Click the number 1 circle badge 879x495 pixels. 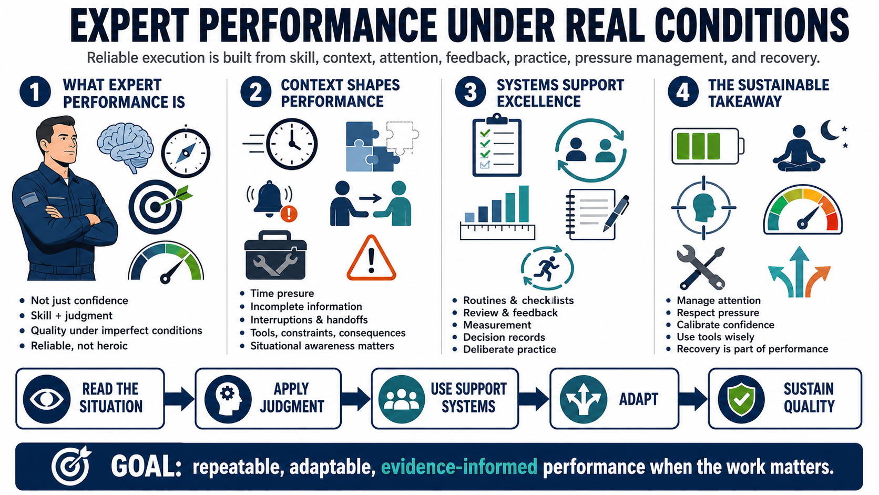(35, 92)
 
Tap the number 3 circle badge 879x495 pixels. (470, 92)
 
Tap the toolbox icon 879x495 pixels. (275, 255)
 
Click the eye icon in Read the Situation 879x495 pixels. (47, 399)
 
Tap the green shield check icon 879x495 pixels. (741, 399)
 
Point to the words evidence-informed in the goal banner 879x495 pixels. (459, 467)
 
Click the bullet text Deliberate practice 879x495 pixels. (509, 349)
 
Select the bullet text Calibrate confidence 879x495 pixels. (725, 325)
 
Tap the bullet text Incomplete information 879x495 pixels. (306, 307)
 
